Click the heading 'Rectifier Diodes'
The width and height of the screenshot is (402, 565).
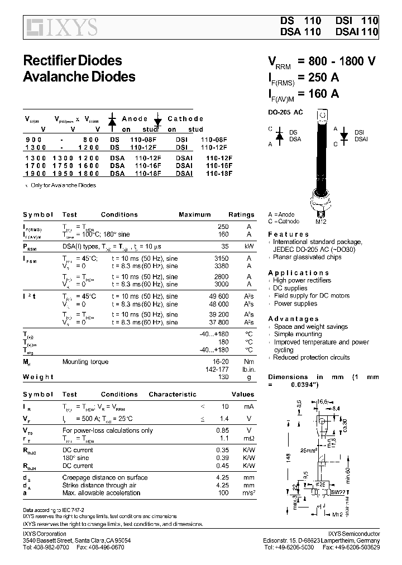72,60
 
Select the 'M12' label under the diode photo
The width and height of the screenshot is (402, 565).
321,222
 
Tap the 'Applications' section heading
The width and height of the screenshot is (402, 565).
296,272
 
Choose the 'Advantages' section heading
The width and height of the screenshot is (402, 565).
293,319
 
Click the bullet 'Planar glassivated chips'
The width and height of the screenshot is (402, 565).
307,257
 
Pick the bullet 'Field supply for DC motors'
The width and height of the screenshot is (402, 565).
312,296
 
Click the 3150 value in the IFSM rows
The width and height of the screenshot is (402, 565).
221,258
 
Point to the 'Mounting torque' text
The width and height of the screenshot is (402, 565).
85,362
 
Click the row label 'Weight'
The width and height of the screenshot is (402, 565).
38,377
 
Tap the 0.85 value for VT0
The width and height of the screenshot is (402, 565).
222,430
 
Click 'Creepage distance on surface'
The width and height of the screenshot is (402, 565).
105,477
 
